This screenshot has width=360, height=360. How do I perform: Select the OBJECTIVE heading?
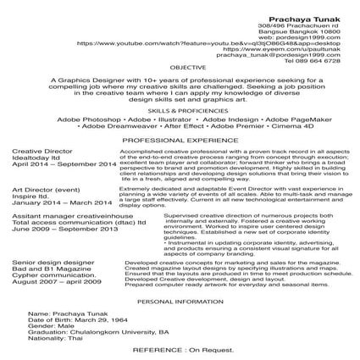click(x=181, y=66)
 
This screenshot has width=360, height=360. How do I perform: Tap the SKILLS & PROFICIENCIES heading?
click(x=181, y=110)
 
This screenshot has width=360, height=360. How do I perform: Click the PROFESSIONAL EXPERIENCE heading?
click(x=181, y=138)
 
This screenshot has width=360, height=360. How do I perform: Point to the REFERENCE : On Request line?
click(x=180, y=351)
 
